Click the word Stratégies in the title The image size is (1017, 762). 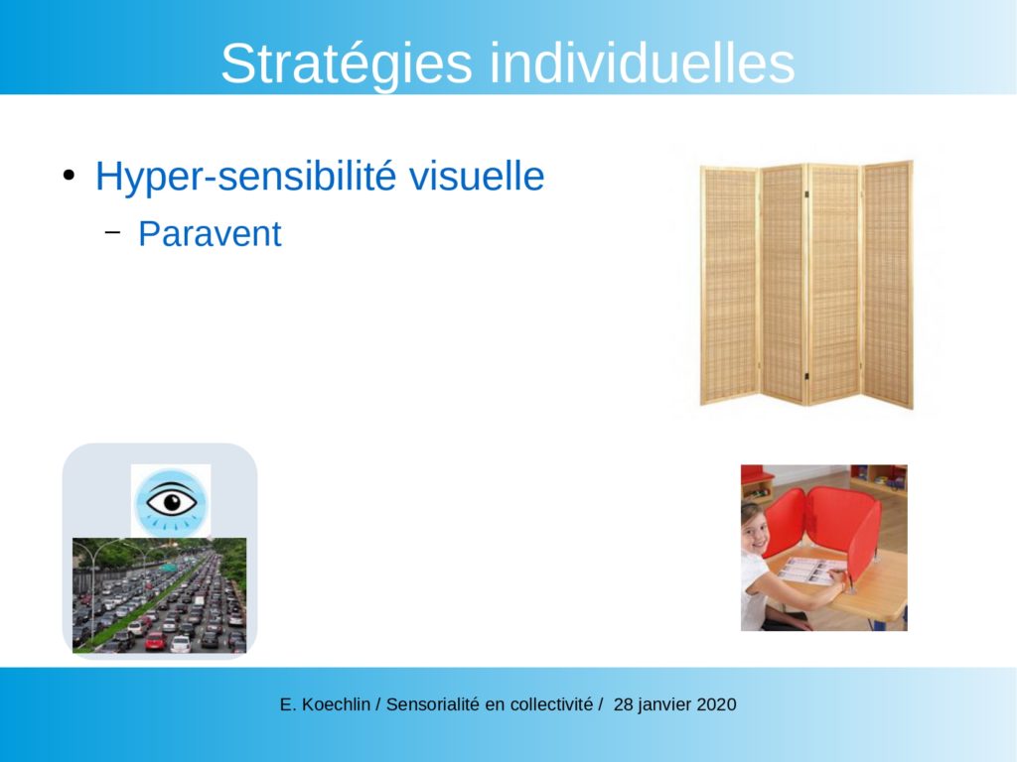pyautogui.click(x=347, y=64)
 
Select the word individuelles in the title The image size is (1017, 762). pyautogui.click(x=643, y=63)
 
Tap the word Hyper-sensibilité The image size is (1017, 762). pyautogui.click(x=245, y=177)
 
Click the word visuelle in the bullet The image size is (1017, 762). pyautogui.click(x=477, y=177)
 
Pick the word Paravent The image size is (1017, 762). pyautogui.click(x=210, y=234)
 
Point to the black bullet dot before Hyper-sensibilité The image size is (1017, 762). pyautogui.click(x=70, y=177)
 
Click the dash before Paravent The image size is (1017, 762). pyautogui.click(x=113, y=232)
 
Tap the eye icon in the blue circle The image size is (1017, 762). pyautogui.click(x=171, y=502)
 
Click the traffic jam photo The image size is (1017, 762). pyautogui.click(x=160, y=595)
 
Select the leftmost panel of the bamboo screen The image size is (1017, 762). pyautogui.click(x=730, y=285)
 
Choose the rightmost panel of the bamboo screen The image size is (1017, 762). pyautogui.click(x=888, y=284)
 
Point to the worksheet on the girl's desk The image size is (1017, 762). pyautogui.click(x=811, y=571)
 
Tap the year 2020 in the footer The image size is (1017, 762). pyautogui.click(x=716, y=704)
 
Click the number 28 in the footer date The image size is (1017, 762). pyautogui.click(x=624, y=704)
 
